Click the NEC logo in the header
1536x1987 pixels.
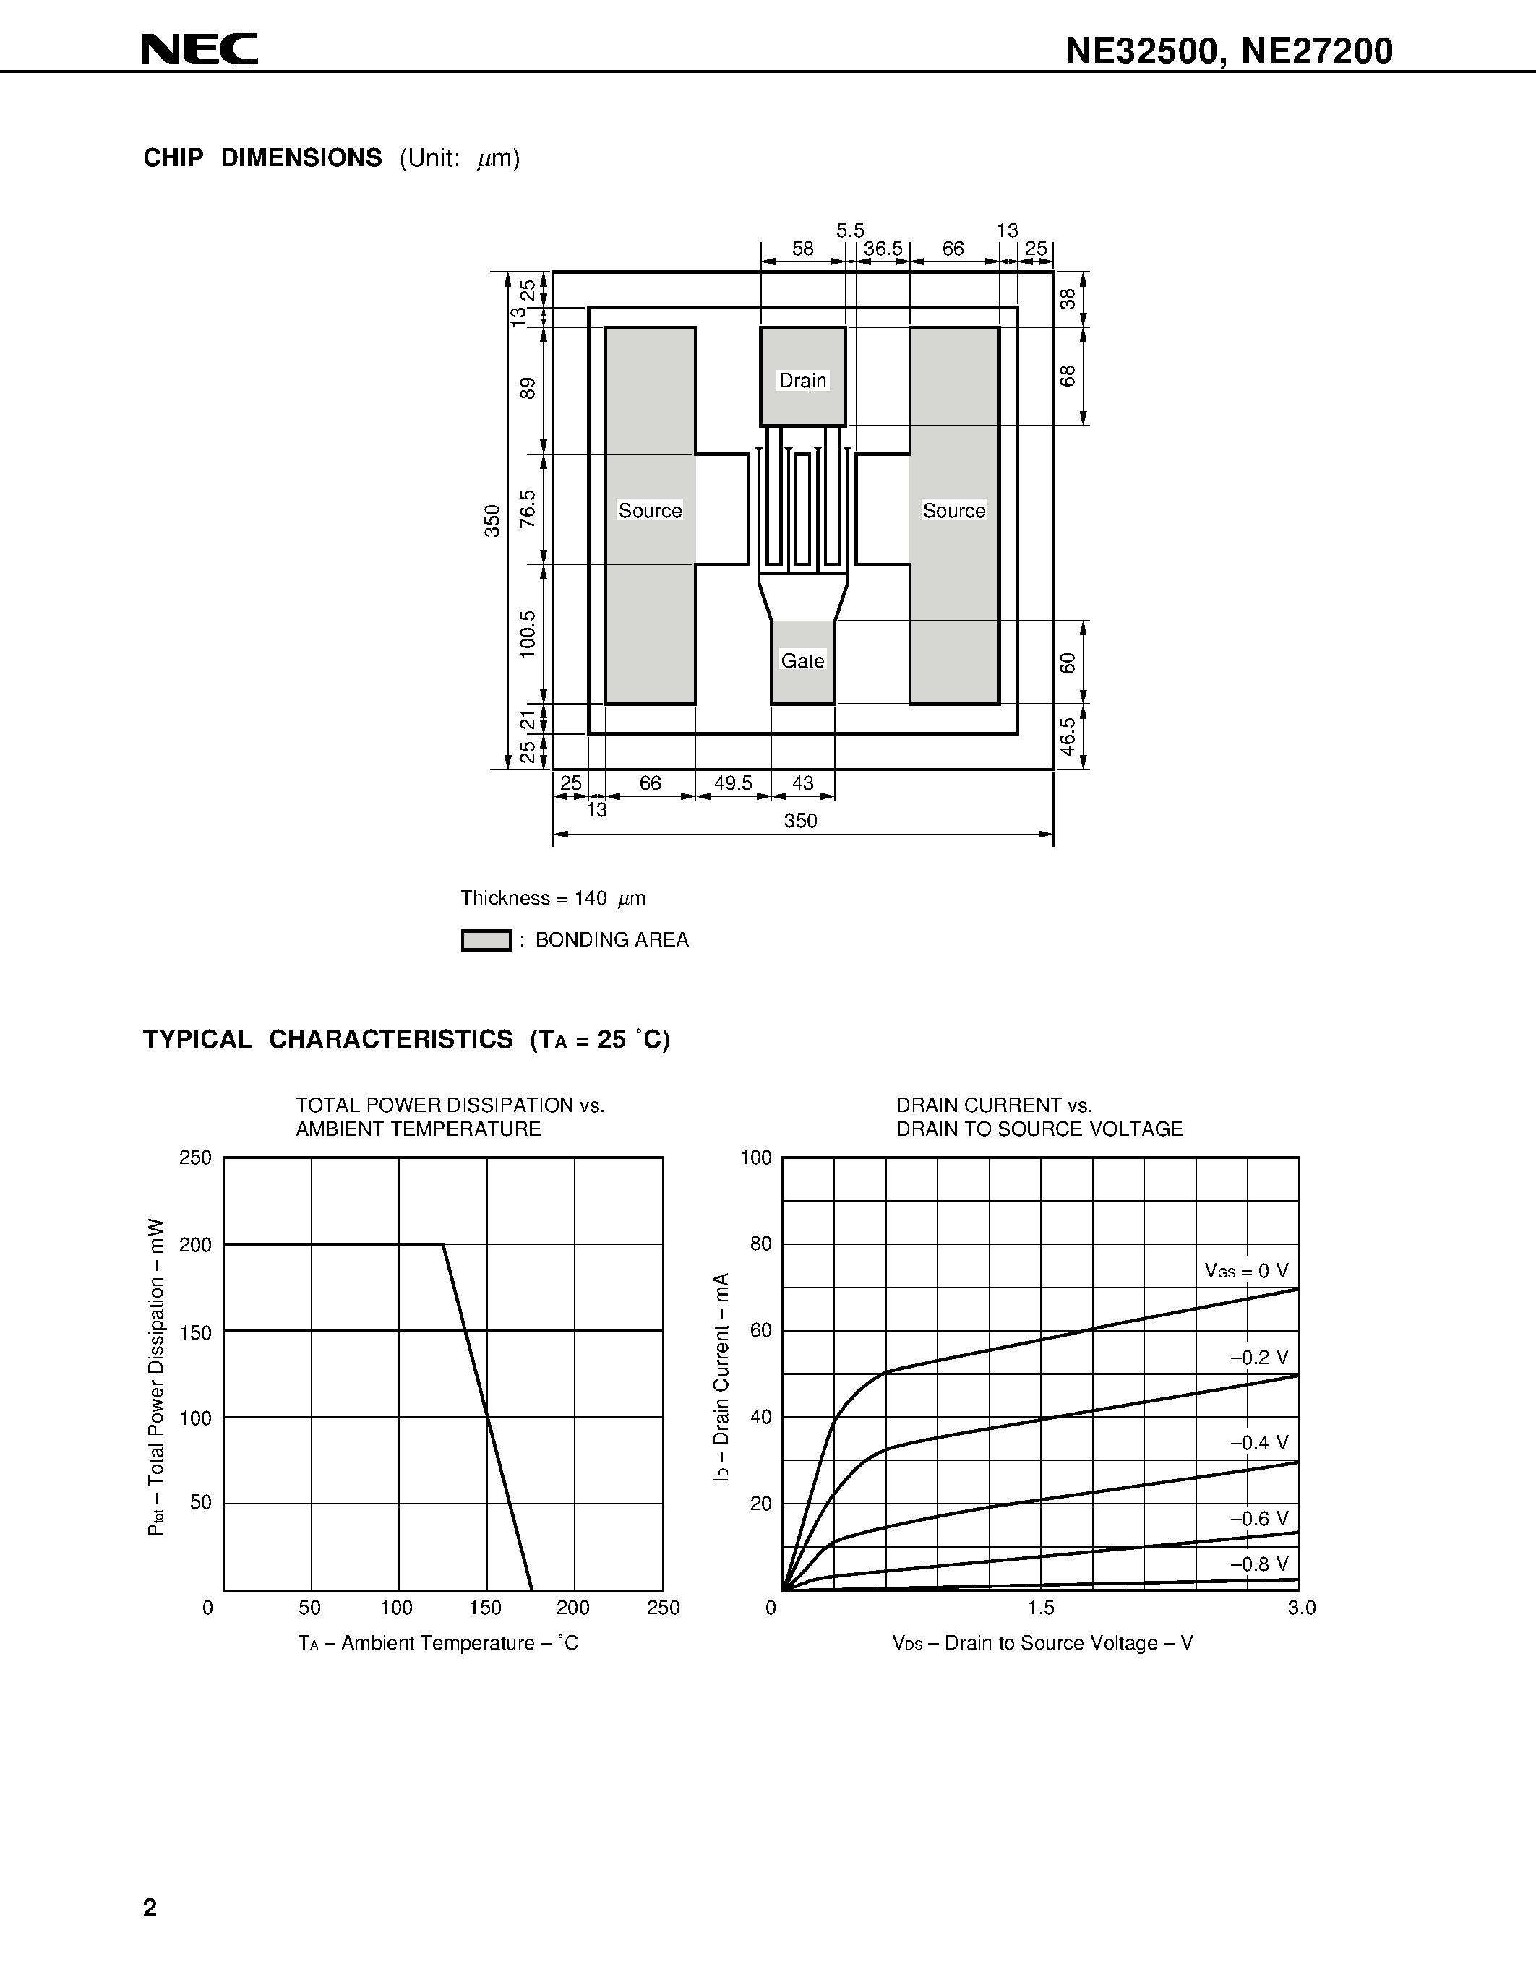tap(200, 49)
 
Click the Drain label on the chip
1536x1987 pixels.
tap(802, 380)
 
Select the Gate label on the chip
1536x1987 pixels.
tap(802, 661)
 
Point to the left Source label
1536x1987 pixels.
tap(650, 510)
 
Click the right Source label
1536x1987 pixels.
tap(953, 510)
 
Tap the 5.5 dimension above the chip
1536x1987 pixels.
tap(850, 230)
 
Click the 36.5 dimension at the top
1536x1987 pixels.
tap(883, 249)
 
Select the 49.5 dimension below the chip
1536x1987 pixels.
tap(732, 783)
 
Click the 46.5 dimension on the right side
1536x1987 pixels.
tap(1068, 736)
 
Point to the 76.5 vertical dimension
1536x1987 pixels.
tap(528, 509)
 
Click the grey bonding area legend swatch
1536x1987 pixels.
tap(486, 940)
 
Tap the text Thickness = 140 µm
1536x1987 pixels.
tap(552, 899)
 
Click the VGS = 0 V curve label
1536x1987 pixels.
tap(1245, 1271)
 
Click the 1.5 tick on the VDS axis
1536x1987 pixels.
tap(1041, 1608)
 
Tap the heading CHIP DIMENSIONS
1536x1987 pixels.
tap(262, 158)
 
